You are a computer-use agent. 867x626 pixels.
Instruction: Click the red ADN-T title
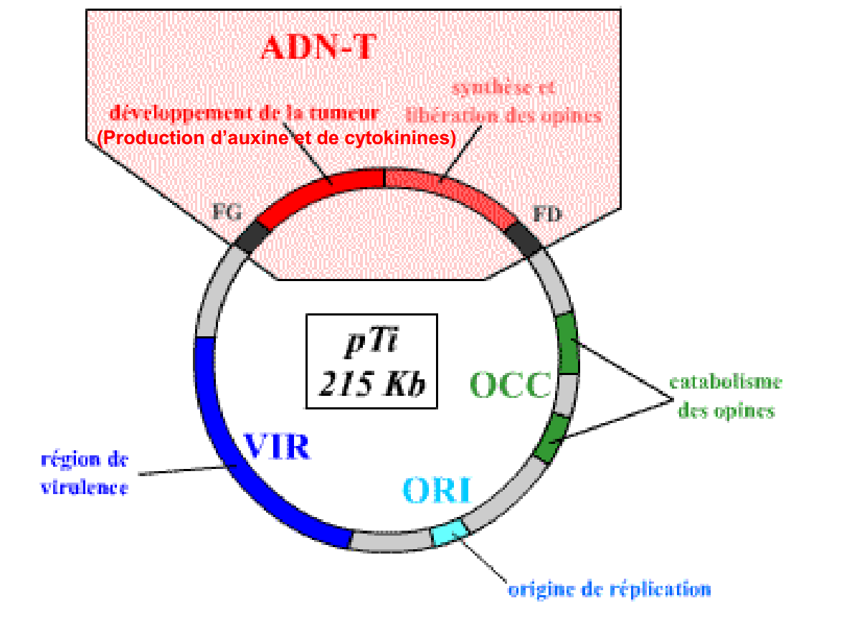tap(318, 47)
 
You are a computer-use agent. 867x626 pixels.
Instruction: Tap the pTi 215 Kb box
tap(371, 361)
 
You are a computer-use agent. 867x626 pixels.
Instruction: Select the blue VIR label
tap(278, 445)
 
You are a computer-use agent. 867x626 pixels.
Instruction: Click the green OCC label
tap(510, 385)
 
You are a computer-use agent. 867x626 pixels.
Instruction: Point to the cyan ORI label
tap(436, 490)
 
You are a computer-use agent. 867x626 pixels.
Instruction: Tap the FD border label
tap(547, 213)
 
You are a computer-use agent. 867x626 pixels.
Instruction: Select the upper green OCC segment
tap(567, 343)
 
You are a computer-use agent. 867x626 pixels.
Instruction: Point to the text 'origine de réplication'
tap(610, 589)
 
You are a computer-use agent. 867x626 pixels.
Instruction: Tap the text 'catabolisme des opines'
tap(725, 397)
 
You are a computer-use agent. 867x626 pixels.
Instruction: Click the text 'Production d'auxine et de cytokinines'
tap(277, 138)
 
